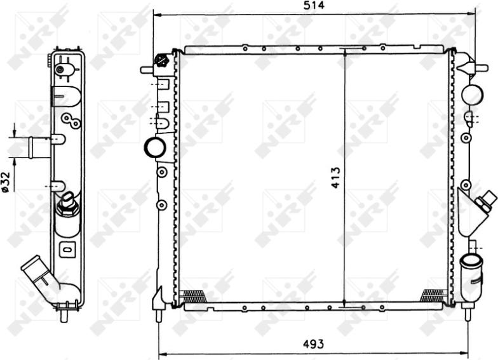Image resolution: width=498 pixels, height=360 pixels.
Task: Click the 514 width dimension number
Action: point(314,6)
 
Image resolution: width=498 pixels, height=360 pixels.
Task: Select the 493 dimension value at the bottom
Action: point(313,344)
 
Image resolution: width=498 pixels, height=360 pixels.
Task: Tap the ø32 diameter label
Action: point(5,181)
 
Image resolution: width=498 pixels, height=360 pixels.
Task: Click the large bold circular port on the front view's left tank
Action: point(155,147)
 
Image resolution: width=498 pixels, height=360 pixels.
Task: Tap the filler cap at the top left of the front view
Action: point(160,62)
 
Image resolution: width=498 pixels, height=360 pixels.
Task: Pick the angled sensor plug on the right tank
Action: point(486,200)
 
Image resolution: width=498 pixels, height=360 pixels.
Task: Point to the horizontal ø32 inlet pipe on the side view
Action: point(38,147)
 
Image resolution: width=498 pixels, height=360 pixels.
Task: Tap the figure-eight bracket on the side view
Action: point(70,120)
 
